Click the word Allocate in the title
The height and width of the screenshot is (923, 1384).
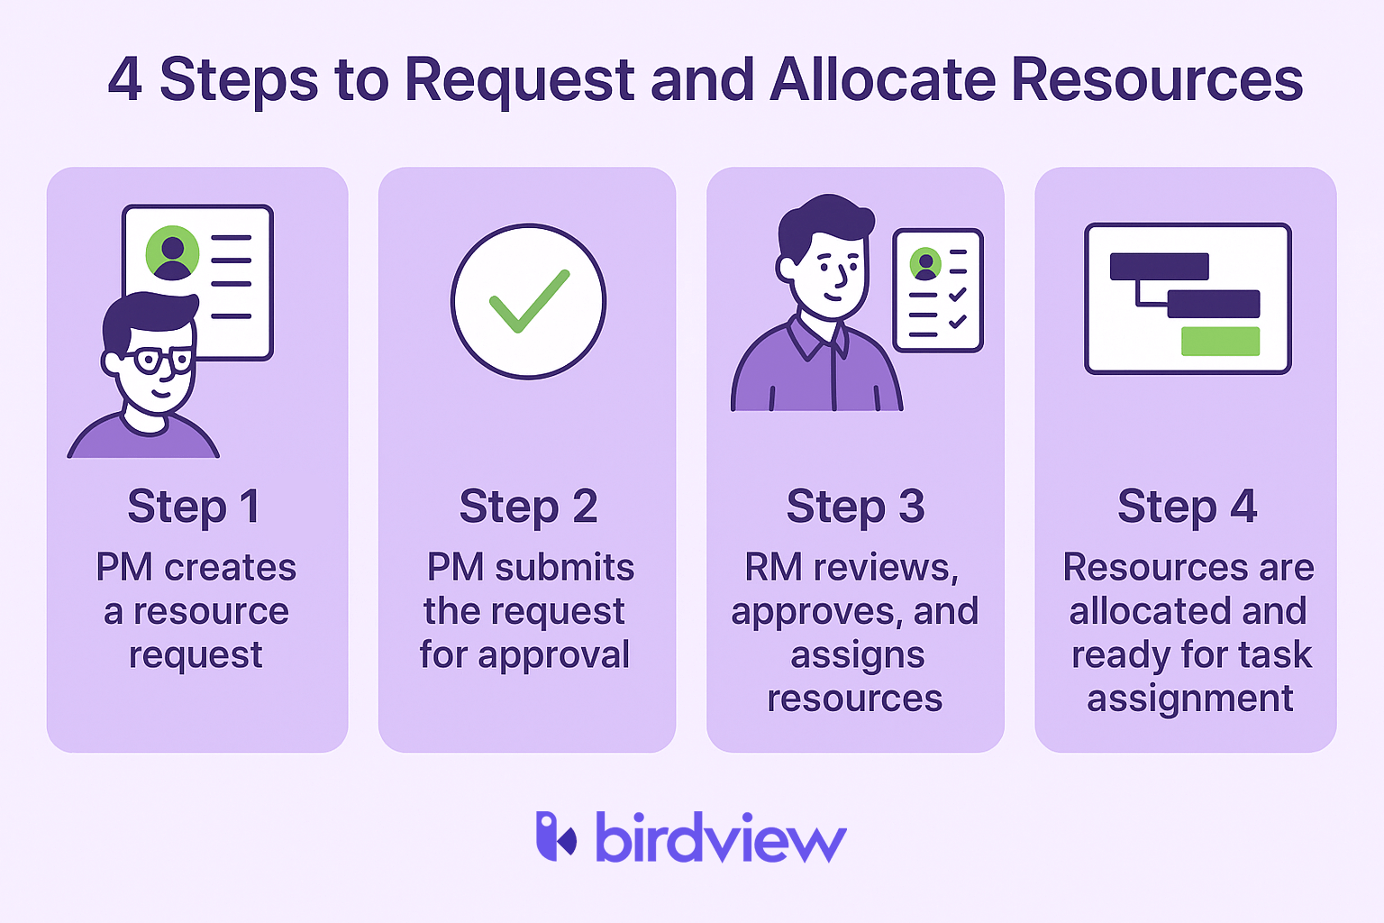coord(882,79)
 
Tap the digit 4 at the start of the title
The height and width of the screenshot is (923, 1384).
coord(125,79)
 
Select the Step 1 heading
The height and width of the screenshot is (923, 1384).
coord(194,507)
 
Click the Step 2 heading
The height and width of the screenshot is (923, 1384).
coord(528,507)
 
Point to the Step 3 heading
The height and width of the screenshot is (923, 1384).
coord(855,507)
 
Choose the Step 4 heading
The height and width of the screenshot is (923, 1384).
coord(1187,507)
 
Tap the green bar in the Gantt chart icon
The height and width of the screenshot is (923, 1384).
coord(1220,342)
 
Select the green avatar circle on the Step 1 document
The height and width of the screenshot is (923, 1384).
coord(172,253)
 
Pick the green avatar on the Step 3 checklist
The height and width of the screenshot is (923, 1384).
coord(925,264)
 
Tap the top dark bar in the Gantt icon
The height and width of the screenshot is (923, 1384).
coord(1159,267)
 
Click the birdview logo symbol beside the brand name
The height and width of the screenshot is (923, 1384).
coord(556,836)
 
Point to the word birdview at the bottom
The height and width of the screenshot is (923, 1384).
coord(721,836)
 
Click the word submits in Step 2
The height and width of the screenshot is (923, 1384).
coord(565,568)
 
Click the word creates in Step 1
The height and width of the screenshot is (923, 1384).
coord(231,568)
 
